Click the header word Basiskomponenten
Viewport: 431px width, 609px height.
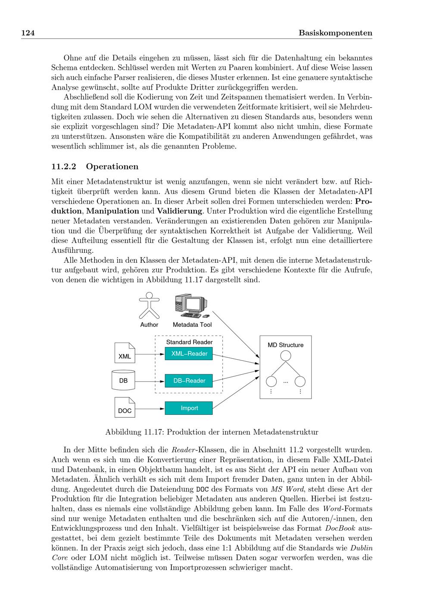(x=335, y=33)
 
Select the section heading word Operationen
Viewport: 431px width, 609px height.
(x=112, y=167)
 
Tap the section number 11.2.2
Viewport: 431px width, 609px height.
(x=64, y=167)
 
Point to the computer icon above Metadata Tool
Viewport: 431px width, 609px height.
(x=192, y=306)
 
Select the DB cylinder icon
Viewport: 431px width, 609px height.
(x=123, y=379)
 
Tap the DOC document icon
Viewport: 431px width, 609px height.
(x=125, y=407)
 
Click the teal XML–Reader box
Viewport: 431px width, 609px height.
(x=189, y=354)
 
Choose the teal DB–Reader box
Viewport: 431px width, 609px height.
(x=189, y=381)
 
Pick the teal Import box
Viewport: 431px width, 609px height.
(x=189, y=408)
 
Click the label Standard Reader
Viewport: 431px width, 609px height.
(x=189, y=342)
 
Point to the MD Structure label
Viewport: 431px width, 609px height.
(x=285, y=345)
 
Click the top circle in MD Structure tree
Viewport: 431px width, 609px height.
(x=285, y=356)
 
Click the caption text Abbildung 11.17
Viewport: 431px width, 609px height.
(x=134, y=432)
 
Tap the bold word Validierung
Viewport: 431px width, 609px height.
(x=179, y=211)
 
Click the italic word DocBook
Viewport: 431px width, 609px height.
(x=340, y=528)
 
